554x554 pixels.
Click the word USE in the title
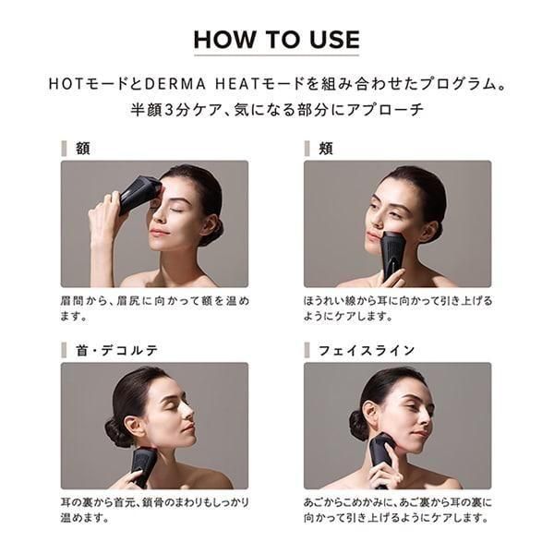pyautogui.click(x=335, y=39)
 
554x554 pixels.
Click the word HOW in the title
pyautogui.click(x=224, y=39)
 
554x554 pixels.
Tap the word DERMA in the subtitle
pyautogui.click(x=175, y=84)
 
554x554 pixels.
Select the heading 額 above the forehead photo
pyautogui.click(x=83, y=149)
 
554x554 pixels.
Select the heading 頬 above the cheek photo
pyautogui.click(x=326, y=149)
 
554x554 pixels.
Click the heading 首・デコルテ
pyautogui.click(x=117, y=350)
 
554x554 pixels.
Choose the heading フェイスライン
pyautogui.click(x=367, y=350)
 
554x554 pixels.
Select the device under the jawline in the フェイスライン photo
pyautogui.click(x=382, y=458)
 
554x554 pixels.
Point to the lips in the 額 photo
pyautogui.click(x=157, y=232)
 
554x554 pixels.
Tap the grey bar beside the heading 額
pyautogui.click(x=64, y=149)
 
